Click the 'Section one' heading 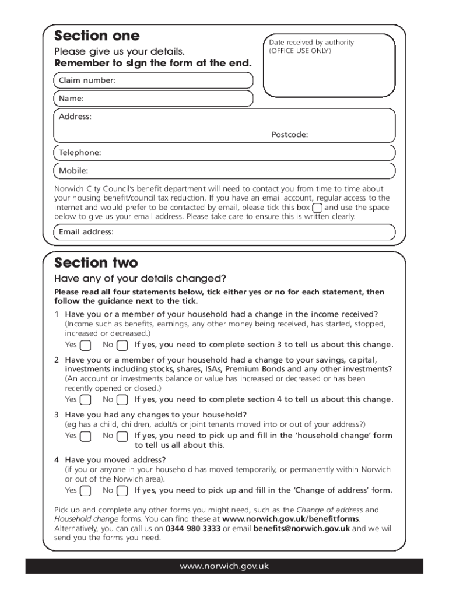coord(97,36)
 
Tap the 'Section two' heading coord(96,262)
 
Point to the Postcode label coord(289,135)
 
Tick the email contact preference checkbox coord(317,208)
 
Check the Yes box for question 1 coord(85,345)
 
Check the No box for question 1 coord(122,345)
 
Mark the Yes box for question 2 coord(85,400)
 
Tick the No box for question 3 coord(122,436)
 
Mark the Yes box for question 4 coord(85,491)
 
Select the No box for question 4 coord(122,491)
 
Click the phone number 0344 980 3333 coord(193,529)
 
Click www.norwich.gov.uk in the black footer coord(224,566)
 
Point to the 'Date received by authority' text coord(311,43)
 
